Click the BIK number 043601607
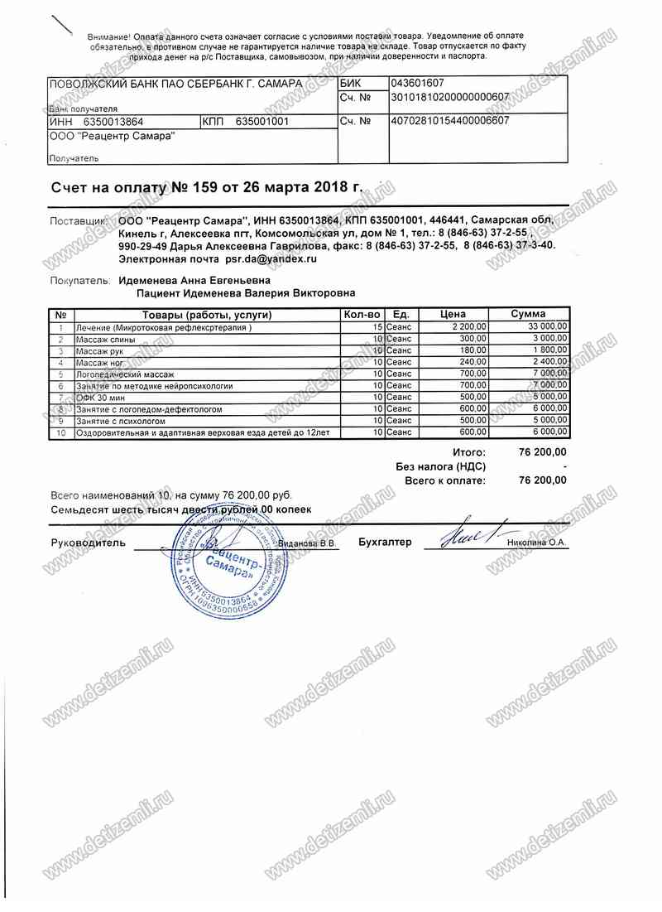(x=418, y=84)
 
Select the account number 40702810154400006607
(x=449, y=121)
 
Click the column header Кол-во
(x=361, y=315)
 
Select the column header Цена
(x=453, y=315)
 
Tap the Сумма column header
(x=528, y=315)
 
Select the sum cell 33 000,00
(x=547, y=328)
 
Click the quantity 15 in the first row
(x=377, y=328)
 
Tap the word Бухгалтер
(x=385, y=543)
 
